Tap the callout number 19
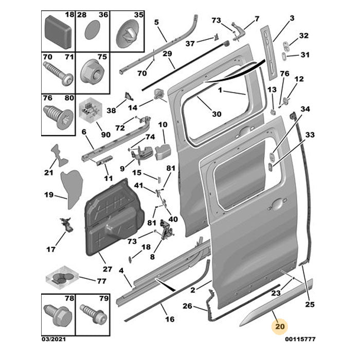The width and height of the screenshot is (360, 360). (x=49, y=195)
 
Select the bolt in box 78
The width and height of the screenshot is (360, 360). (x=56, y=313)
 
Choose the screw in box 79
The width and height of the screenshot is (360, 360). (x=92, y=314)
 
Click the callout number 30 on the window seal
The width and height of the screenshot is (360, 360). (x=216, y=114)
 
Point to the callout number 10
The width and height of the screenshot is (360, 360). (x=163, y=125)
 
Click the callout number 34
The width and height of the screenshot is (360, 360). (x=305, y=109)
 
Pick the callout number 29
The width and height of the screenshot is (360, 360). (x=167, y=54)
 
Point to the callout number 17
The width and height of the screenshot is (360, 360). (x=50, y=250)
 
